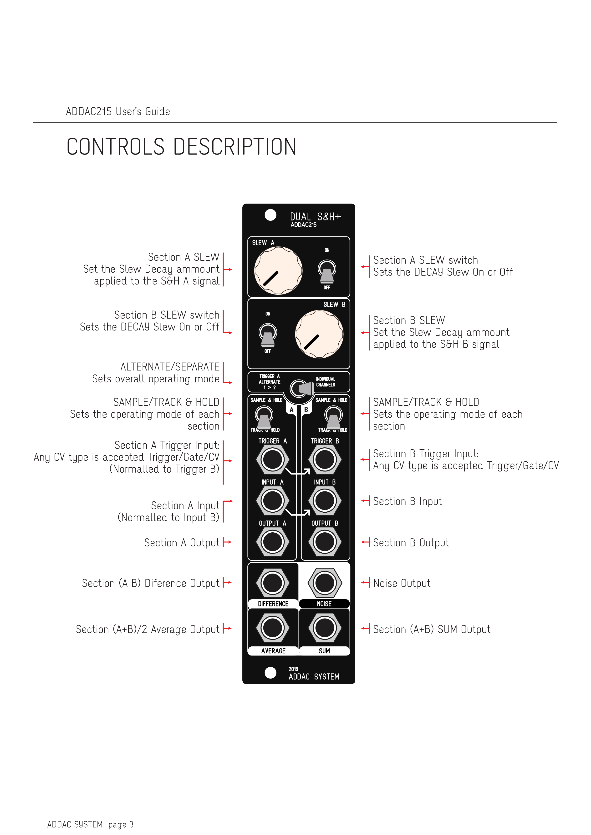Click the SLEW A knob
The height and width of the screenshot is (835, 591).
278,270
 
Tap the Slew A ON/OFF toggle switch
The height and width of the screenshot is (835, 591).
327,271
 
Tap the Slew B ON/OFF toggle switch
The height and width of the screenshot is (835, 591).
268,335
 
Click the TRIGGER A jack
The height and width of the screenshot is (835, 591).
273,459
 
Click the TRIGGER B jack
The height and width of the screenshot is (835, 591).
325,459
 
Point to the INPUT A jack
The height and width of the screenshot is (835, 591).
273,500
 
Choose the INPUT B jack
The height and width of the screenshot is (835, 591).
325,500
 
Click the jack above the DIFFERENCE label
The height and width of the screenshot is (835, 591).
273,583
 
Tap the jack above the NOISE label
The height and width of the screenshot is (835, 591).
325,583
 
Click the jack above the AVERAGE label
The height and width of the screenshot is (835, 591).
273,628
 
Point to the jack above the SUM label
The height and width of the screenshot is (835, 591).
325,628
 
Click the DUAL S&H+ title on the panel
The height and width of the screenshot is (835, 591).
315,217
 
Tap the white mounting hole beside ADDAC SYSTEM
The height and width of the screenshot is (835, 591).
270,673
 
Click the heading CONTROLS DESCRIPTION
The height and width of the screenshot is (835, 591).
181,147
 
